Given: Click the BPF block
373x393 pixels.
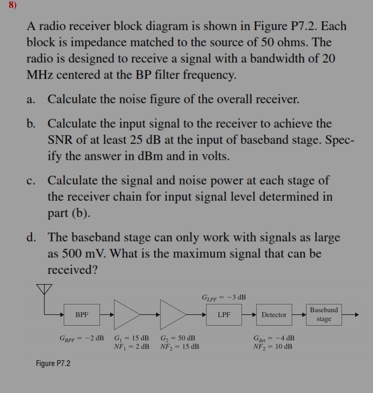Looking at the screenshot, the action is (82, 315).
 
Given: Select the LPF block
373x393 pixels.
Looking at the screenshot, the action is (224, 315).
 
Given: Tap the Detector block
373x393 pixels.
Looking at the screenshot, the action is (274, 315).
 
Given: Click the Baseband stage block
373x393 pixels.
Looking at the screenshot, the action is (324, 314).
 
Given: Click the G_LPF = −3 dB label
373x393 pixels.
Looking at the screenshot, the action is (224, 297).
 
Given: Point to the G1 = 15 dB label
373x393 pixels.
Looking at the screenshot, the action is (131, 338).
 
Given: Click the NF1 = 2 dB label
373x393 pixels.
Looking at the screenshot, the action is (131, 347).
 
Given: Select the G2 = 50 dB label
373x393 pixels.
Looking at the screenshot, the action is (178, 338).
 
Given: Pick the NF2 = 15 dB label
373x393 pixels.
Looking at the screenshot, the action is (180, 347).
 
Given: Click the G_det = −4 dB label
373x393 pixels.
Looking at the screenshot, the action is (274, 338).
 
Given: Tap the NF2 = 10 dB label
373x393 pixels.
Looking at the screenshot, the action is (273, 347).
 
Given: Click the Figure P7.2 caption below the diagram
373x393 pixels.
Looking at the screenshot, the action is (53, 363).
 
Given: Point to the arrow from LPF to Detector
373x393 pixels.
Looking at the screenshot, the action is (249, 315).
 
